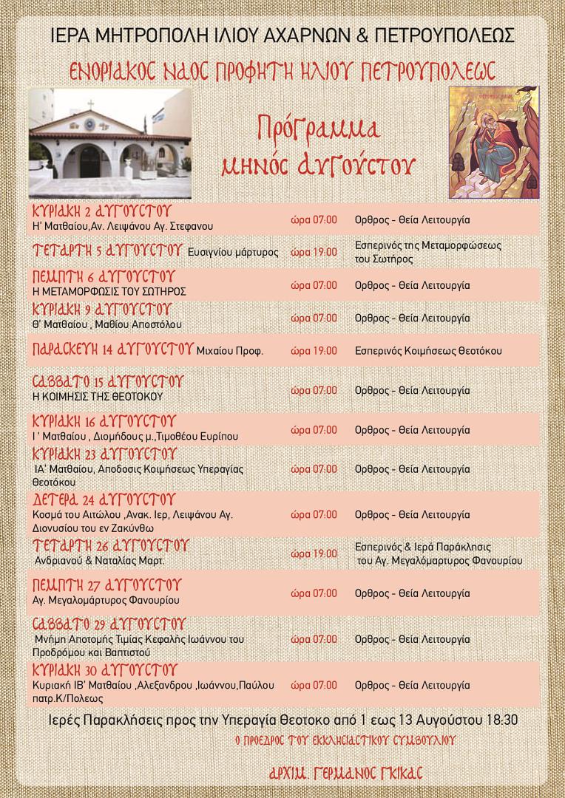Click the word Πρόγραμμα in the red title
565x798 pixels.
click(319, 130)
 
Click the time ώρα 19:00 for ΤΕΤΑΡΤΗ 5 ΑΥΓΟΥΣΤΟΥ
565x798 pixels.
click(314, 252)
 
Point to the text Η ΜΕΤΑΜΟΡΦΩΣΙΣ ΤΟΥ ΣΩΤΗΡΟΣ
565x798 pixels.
click(109, 290)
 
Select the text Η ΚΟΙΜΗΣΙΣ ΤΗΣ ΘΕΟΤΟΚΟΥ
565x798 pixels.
click(98, 396)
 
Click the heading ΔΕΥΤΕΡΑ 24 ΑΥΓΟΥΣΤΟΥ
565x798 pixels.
click(104, 498)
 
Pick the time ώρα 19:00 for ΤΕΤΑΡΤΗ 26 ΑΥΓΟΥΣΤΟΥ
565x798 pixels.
click(314, 553)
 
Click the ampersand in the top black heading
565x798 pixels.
click(362, 35)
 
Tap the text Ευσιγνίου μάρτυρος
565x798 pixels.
click(233, 252)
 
